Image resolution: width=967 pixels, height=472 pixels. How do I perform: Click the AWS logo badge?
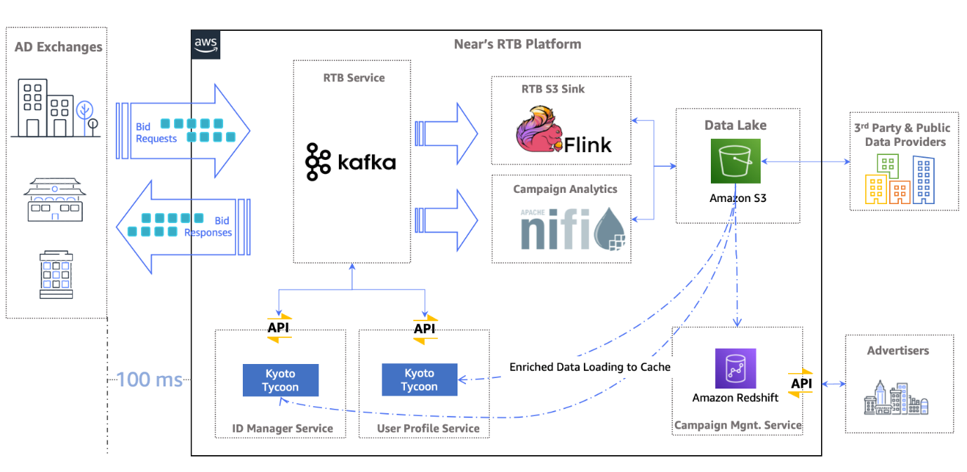pyautogui.click(x=206, y=45)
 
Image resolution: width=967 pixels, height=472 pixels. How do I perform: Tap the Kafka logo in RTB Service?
pyautogui.click(x=351, y=162)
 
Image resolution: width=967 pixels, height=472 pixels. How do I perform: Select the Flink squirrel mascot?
pyautogui.click(x=541, y=130)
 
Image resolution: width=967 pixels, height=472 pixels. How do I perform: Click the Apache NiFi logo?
pyautogui.click(x=572, y=228)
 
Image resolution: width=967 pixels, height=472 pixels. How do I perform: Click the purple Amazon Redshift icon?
pyautogui.click(x=735, y=368)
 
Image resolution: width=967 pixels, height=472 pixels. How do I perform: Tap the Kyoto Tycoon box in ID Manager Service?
pyautogui.click(x=281, y=379)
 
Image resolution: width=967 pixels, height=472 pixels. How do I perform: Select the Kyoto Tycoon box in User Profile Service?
pyautogui.click(x=419, y=379)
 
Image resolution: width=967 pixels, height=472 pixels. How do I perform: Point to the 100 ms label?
pyautogui.click(x=149, y=380)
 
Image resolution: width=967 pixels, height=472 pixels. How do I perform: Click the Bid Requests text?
pyautogui.click(x=156, y=133)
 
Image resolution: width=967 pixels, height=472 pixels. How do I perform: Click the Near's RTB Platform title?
pyautogui.click(x=517, y=44)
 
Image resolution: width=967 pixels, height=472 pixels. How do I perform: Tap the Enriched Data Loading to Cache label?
pyautogui.click(x=589, y=367)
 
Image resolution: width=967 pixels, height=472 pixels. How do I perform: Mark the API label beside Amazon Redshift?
pyautogui.click(x=801, y=384)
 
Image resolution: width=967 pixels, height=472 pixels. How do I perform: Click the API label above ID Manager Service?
pyautogui.click(x=279, y=328)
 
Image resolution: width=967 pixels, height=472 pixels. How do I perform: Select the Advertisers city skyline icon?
pyautogui.click(x=897, y=398)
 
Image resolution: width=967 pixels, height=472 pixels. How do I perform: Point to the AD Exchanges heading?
pyautogui.click(x=58, y=48)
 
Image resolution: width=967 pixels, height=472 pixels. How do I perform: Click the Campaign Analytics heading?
pyautogui.click(x=565, y=189)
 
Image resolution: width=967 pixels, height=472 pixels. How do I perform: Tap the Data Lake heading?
pyautogui.click(x=735, y=125)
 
